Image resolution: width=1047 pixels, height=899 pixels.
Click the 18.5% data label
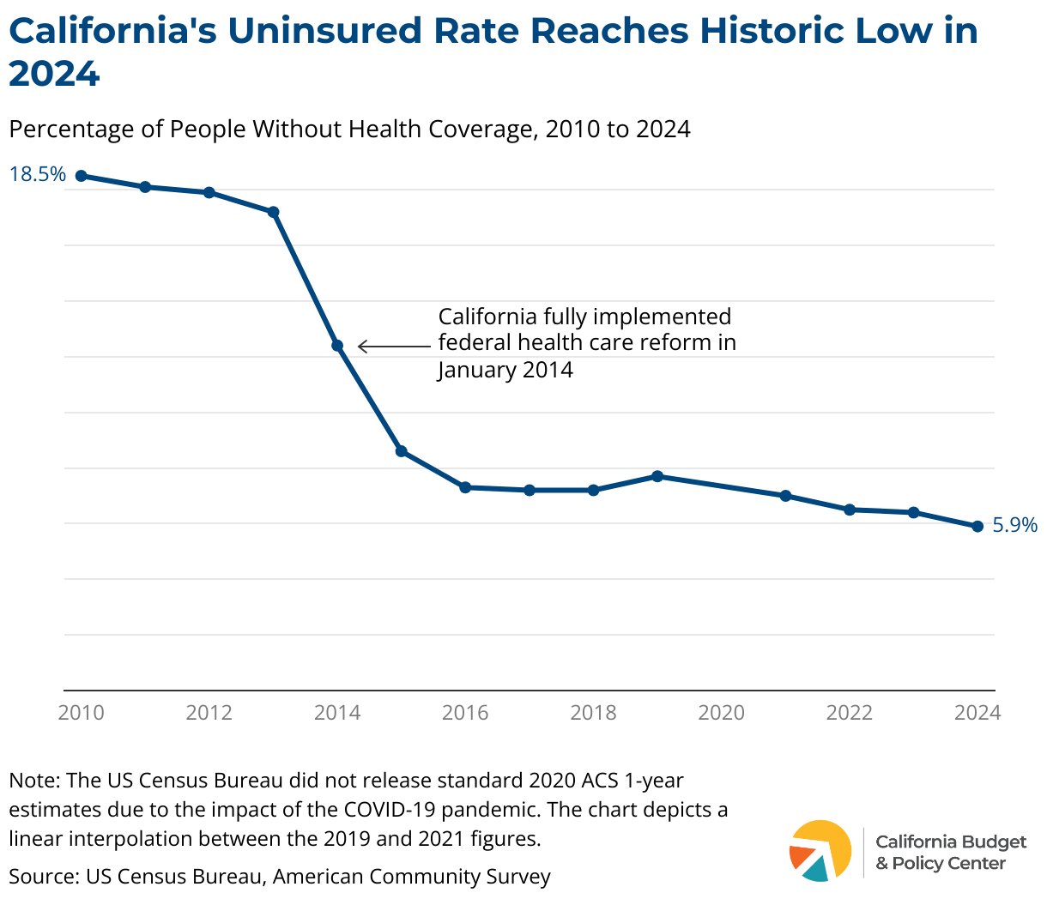point(37,174)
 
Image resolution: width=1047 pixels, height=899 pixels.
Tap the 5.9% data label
point(1015,525)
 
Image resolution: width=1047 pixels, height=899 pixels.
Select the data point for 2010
point(82,176)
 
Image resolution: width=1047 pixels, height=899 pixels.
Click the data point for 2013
point(274,212)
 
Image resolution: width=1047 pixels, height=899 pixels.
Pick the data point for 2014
point(337,346)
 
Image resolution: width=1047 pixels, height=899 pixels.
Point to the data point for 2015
point(401,451)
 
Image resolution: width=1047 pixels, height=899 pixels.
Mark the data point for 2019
point(657,476)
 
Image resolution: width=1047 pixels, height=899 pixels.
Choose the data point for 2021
point(785,496)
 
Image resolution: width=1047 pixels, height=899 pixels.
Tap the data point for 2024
point(977,527)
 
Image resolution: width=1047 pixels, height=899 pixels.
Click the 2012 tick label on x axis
point(209,713)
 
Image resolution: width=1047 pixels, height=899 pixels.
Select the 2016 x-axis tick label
point(465,713)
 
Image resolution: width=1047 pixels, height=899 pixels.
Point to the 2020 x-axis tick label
point(722,713)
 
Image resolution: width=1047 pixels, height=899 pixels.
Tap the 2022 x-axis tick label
point(850,713)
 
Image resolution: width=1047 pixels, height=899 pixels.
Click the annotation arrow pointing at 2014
point(393,347)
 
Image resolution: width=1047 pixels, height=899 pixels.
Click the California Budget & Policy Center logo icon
point(820,851)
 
